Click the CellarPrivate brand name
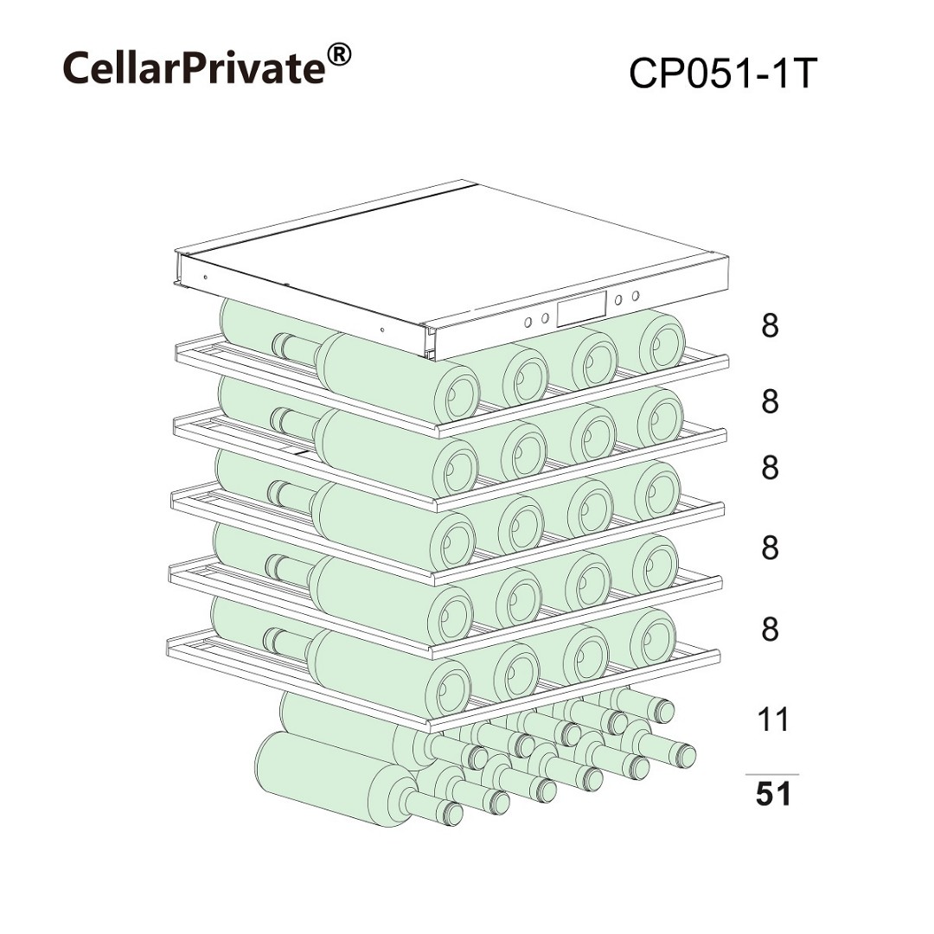[x=195, y=67]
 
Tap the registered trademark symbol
[x=339, y=55]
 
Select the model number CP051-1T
[x=721, y=74]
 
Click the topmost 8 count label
[x=771, y=326]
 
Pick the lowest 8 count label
[x=771, y=629]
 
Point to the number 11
[x=772, y=719]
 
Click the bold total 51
[x=773, y=794]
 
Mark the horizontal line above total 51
[x=772, y=774]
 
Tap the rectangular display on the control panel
[x=581, y=309]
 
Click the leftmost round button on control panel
[x=528, y=323]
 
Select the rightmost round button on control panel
[x=636, y=296]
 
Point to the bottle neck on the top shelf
[x=296, y=349]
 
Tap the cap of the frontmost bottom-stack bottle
[x=453, y=813]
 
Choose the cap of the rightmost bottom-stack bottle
[x=685, y=756]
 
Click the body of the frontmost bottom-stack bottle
[x=334, y=778]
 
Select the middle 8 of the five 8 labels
[x=771, y=468]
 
